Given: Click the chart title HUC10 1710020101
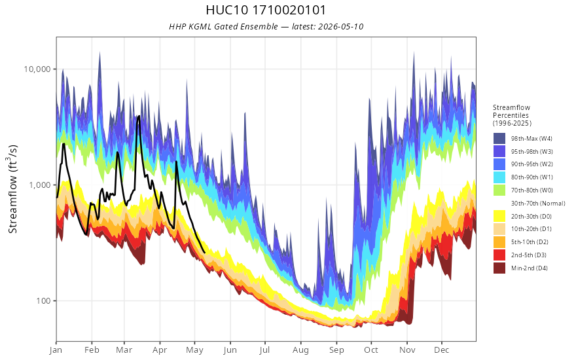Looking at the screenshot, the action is coord(266,10).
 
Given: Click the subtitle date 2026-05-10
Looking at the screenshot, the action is coord(340,26).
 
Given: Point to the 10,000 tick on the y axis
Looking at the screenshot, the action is coord(38,69).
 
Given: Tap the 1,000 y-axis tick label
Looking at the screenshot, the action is coord(40,185).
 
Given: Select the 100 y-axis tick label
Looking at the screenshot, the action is coord(44,301).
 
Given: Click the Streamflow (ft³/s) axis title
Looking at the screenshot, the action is coord(12,189).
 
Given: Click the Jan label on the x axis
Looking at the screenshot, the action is coord(56,350).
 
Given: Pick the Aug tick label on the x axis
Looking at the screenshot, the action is coord(300,350).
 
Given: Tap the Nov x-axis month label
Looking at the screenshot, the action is coord(406,350).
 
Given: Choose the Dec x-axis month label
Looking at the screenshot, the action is coord(441,350).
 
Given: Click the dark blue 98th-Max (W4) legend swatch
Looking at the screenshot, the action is coord(499,139).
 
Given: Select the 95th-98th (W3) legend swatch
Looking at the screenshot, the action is coord(499,151).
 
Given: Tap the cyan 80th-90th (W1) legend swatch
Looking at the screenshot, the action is coord(499,177).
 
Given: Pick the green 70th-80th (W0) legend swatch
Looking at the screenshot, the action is coord(499,190).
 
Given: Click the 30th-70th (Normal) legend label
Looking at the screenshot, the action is coord(538,203).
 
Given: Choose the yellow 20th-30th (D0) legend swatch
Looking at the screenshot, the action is coord(499,216).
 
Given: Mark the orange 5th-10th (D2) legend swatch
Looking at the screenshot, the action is coord(499,242).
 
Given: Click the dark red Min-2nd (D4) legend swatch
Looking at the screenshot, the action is coord(499,268).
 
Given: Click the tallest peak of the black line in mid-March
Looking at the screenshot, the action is coord(139,117).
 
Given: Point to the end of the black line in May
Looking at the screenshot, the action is coord(204,253).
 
